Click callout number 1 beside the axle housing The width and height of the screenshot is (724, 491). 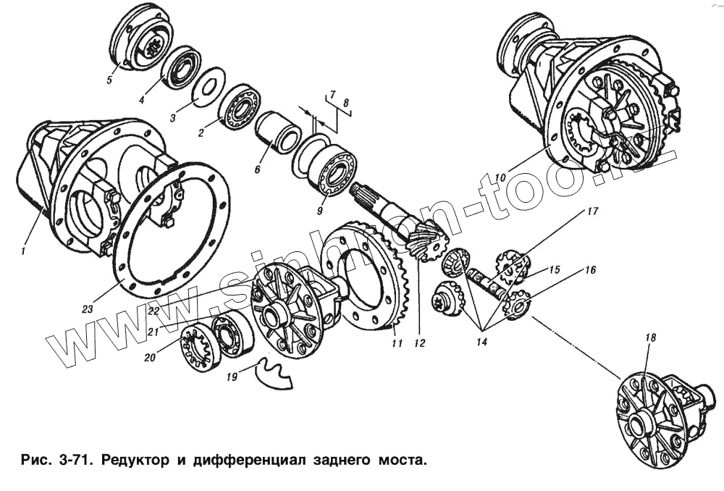tap(23, 251)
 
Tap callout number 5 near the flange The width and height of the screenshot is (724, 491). tap(109, 80)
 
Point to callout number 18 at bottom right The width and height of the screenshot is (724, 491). tap(649, 339)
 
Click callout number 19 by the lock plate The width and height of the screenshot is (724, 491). tap(232, 377)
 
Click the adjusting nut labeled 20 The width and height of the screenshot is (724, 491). tap(197, 349)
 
